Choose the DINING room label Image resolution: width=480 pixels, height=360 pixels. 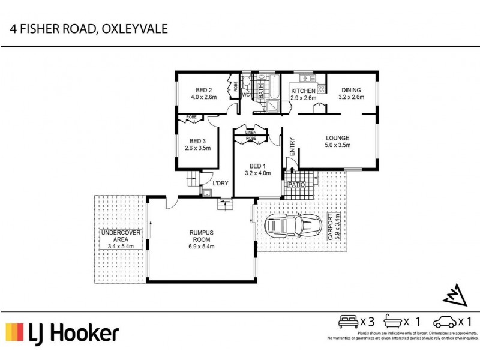[x=351, y=90]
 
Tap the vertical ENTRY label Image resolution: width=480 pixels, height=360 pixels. [x=292, y=148]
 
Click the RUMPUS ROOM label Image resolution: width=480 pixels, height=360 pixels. [x=202, y=236]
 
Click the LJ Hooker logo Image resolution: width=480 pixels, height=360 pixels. [x=62, y=333]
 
